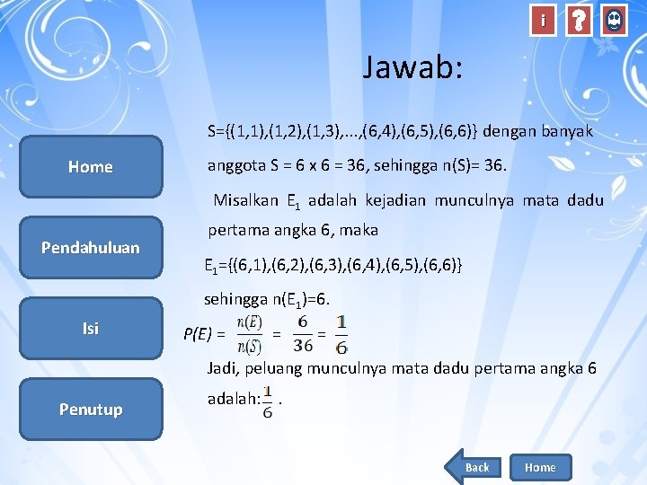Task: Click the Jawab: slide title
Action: [413, 67]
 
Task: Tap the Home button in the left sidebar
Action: [91, 166]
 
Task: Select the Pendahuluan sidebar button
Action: [91, 247]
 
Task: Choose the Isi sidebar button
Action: [91, 328]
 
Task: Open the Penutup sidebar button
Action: [91, 409]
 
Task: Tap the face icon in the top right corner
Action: [614, 21]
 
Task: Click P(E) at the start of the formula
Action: [199, 335]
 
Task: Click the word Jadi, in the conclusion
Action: [224, 368]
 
